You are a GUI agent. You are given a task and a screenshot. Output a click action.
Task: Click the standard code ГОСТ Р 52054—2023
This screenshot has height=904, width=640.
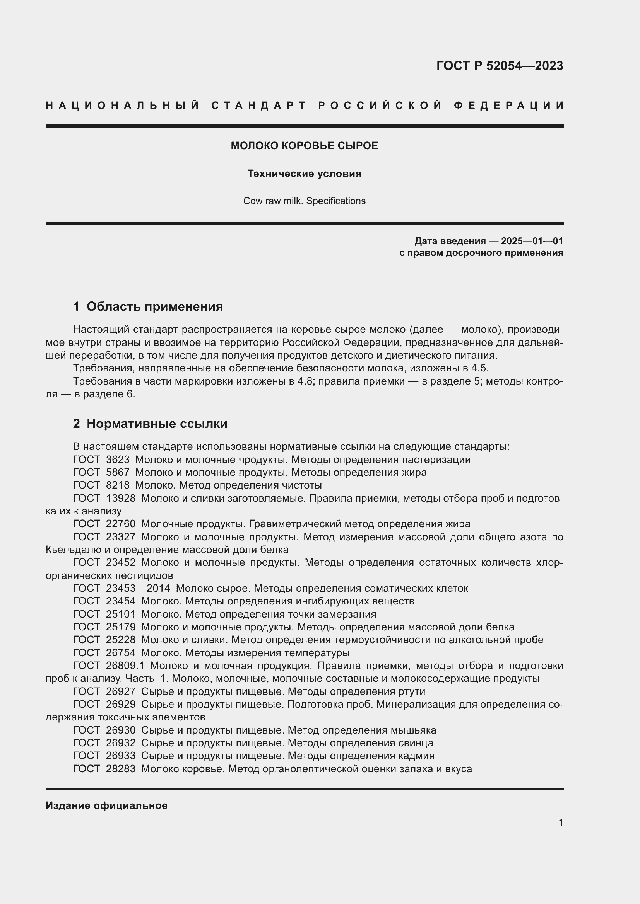(x=499, y=66)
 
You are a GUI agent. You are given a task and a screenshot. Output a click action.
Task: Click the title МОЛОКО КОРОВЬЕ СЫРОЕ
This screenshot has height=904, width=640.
(x=304, y=146)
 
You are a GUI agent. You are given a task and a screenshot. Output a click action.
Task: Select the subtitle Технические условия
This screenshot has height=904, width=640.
(x=304, y=174)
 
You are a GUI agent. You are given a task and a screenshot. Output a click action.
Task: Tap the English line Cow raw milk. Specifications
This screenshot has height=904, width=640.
(x=304, y=201)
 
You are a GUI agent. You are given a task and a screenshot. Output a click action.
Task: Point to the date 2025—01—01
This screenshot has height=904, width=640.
(x=532, y=241)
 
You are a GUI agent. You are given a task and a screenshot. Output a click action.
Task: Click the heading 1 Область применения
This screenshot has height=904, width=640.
(x=148, y=306)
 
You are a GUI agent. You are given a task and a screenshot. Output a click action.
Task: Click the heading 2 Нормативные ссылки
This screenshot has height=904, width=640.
(x=150, y=424)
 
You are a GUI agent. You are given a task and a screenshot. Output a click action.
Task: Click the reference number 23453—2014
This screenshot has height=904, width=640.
(x=138, y=588)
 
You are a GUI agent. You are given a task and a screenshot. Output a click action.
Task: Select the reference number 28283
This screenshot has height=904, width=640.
(x=121, y=769)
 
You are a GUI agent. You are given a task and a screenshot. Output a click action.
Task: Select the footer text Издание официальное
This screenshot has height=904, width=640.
(x=106, y=805)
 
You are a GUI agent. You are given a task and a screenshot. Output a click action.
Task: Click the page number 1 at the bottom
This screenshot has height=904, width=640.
(x=561, y=822)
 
